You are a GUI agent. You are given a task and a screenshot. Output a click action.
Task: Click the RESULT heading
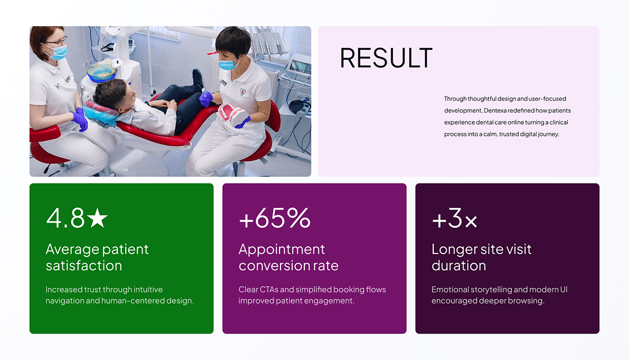click(x=386, y=58)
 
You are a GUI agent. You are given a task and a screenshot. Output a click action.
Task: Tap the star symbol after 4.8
click(x=97, y=219)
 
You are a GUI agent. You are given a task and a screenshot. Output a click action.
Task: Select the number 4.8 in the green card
click(x=65, y=218)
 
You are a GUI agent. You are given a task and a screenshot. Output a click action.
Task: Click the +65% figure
click(x=274, y=218)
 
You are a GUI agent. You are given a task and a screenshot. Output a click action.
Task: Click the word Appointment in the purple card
click(x=282, y=249)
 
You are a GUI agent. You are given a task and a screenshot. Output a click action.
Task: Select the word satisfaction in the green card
click(x=84, y=266)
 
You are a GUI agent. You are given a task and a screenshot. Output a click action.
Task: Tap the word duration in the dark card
click(x=459, y=266)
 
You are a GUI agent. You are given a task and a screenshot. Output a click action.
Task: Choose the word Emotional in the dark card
click(x=450, y=290)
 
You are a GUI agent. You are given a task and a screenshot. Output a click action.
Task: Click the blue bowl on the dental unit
click(x=101, y=73)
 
